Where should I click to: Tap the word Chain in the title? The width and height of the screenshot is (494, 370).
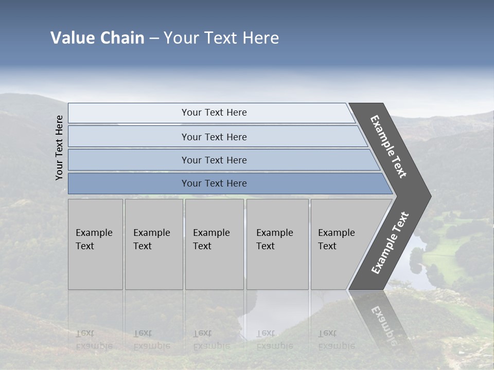click(122, 38)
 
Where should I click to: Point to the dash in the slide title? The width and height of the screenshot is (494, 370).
click(154, 39)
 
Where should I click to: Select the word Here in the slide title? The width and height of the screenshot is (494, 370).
click(260, 38)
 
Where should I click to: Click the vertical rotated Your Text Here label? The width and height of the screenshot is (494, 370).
click(59, 147)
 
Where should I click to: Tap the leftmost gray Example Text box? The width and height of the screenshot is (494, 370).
click(95, 244)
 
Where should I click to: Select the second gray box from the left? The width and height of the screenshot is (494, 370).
click(153, 244)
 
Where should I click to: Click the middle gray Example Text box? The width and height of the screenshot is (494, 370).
click(214, 244)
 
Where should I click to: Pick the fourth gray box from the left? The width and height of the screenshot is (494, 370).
click(277, 244)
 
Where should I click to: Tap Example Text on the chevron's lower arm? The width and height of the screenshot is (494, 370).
click(390, 243)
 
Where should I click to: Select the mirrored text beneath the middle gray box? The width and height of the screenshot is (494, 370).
click(211, 340)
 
